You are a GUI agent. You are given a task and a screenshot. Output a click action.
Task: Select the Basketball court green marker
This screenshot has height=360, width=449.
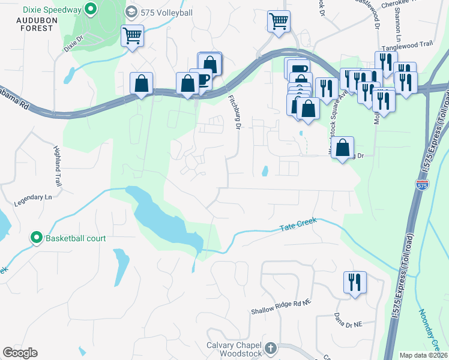(x=37, y=238)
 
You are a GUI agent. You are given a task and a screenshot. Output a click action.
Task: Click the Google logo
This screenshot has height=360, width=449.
(x=20, y=352)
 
